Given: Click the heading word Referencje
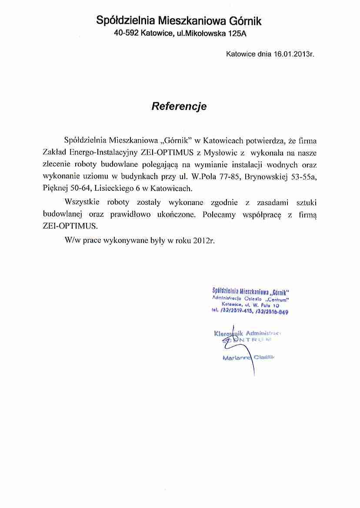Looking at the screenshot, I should point(179,106).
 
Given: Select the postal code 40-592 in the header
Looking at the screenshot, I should point(127,33).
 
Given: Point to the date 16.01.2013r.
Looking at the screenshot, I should point(293,55).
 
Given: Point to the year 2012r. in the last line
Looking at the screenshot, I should point(204,239).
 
